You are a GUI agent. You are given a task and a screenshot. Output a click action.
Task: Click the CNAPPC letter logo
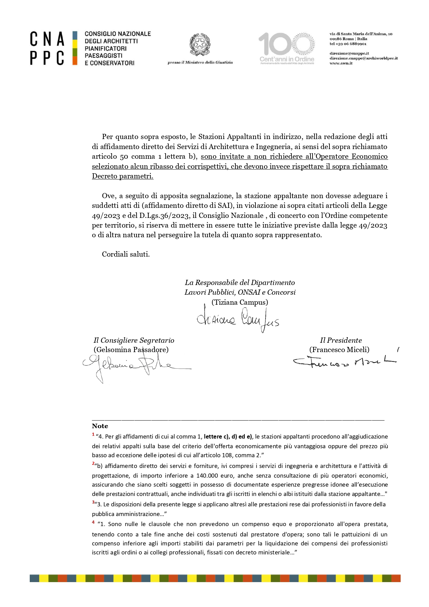pyautogui.click(x=47, y=48)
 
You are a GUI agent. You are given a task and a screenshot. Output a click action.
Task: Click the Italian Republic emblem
pyautogui.click(x=200, y=45)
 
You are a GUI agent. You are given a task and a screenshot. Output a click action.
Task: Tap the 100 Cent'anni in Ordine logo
pyautogui.click(x=287, y=48)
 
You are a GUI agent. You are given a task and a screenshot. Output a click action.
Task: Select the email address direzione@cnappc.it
pyautogui.click(x=349, y=54)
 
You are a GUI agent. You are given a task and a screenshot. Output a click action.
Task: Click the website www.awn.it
pyautogui.click(x=341, y=63)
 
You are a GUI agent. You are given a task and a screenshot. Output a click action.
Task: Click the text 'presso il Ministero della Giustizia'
pyautogui.click(x=200, y=63)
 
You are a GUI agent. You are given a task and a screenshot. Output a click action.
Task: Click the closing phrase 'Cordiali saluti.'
pyautogui.click(x=126, y=254)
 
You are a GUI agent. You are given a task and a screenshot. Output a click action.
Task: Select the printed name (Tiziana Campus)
pyautogui.click(x=240, y=302)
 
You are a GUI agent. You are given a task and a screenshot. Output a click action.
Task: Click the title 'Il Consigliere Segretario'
pyautogui.click(x=134, y=340)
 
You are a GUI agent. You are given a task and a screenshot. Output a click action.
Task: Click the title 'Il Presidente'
pyautogui.click(x=341, y=340)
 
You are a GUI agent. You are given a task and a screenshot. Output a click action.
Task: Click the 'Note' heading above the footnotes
pyautogui.click(x=100, y=426)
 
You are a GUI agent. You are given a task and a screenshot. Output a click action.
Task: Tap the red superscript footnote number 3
pyautogui.click(x=93, y=502)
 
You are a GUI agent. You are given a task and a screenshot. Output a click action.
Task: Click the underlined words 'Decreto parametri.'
pyautogui.click(x=122, y=176)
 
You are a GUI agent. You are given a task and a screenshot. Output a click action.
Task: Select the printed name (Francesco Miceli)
pyautogui.click(x=339, y=350)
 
